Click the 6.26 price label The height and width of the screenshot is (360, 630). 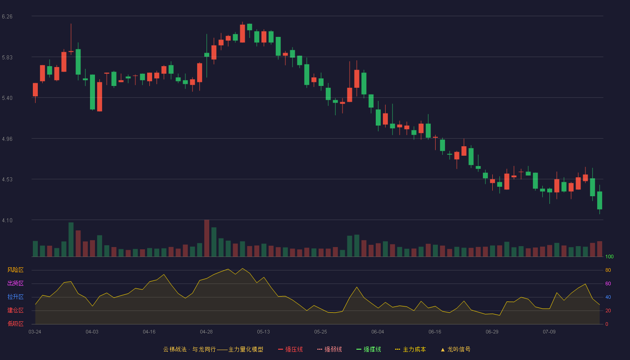7,17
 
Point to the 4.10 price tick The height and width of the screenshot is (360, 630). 7,220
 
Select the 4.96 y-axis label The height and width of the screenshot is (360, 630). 7,139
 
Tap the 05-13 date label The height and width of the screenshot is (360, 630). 263,332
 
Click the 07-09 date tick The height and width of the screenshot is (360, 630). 549,332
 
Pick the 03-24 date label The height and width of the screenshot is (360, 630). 35,332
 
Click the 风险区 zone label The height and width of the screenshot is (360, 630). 15,270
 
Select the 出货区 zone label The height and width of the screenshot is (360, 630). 15,283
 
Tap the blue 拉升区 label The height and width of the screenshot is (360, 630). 15,297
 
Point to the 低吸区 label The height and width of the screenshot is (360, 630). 15,324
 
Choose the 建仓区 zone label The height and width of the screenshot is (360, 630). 15,310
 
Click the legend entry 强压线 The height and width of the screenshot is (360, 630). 290,349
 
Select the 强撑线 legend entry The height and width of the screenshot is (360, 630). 369,349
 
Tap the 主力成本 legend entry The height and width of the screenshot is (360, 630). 410,349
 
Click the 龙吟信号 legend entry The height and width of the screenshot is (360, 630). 455,349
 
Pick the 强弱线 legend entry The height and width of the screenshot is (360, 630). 329,349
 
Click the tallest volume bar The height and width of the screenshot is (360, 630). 207,238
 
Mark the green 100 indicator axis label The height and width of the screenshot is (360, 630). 609,256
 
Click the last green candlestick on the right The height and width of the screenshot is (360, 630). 599,200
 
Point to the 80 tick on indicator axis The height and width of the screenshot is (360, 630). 608,270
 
